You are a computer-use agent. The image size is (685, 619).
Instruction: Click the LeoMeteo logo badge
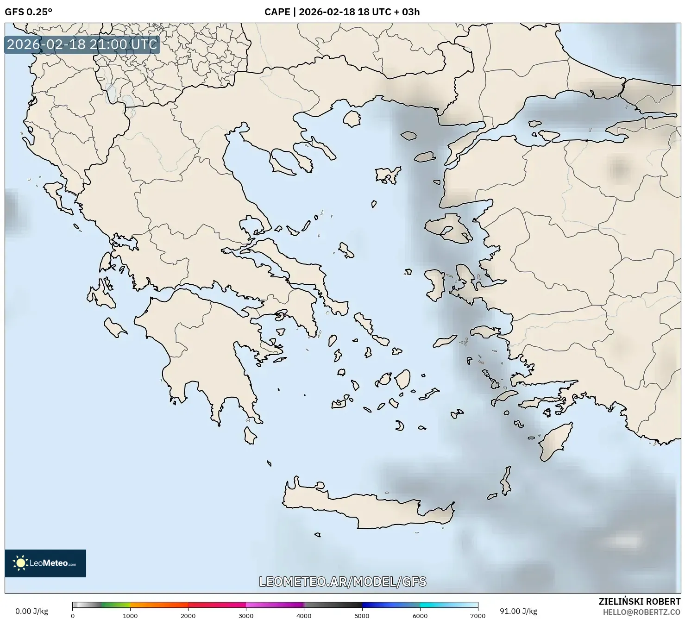[x=45, y=563]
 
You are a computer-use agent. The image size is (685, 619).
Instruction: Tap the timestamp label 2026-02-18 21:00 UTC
[x=82, y=44]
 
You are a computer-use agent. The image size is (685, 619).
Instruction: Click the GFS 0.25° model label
[x=28, y=12]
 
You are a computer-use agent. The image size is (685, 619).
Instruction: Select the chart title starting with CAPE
[x=342, y=12]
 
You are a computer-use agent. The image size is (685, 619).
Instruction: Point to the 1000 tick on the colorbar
[x=130, y=616]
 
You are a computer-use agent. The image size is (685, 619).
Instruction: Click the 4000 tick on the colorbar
[x=304, y=616]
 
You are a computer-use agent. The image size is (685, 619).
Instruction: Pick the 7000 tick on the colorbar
[x=478, y=616]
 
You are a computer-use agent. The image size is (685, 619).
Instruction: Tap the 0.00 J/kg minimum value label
[x=31, y=611]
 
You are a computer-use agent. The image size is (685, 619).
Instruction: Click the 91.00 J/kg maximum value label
[x=519, y=611]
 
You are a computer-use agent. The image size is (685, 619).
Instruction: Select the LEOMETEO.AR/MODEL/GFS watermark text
[x=342, y=581]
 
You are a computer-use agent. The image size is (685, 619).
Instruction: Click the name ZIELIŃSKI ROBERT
[x=640, y=602]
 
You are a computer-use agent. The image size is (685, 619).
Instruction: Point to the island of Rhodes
[x=555, y=442]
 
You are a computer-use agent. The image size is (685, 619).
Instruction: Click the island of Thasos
[x=352, y=119]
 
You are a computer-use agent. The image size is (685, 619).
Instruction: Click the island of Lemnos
[x=388, y=175]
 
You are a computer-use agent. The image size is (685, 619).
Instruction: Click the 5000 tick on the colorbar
[x=362, y=616]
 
